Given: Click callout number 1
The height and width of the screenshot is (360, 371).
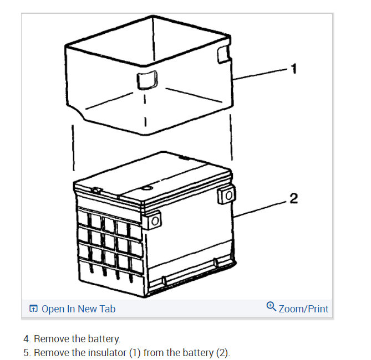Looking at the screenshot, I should (294, 69).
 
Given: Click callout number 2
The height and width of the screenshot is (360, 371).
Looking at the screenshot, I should (294, 198).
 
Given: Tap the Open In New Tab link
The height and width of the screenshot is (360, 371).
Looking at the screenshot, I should (78, 309).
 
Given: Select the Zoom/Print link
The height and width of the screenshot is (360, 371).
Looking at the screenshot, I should (303, 309).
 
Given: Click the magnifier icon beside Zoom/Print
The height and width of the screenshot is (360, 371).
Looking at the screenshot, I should (271, 306).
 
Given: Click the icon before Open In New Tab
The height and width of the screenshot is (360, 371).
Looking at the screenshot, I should (33, 309).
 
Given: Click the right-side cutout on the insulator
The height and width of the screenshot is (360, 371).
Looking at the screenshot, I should (222, 53).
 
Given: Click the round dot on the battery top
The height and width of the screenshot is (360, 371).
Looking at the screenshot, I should (147, 189).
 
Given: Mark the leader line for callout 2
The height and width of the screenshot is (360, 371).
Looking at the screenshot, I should (261, 208).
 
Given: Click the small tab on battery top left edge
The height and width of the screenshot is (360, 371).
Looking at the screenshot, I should (95, 191).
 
